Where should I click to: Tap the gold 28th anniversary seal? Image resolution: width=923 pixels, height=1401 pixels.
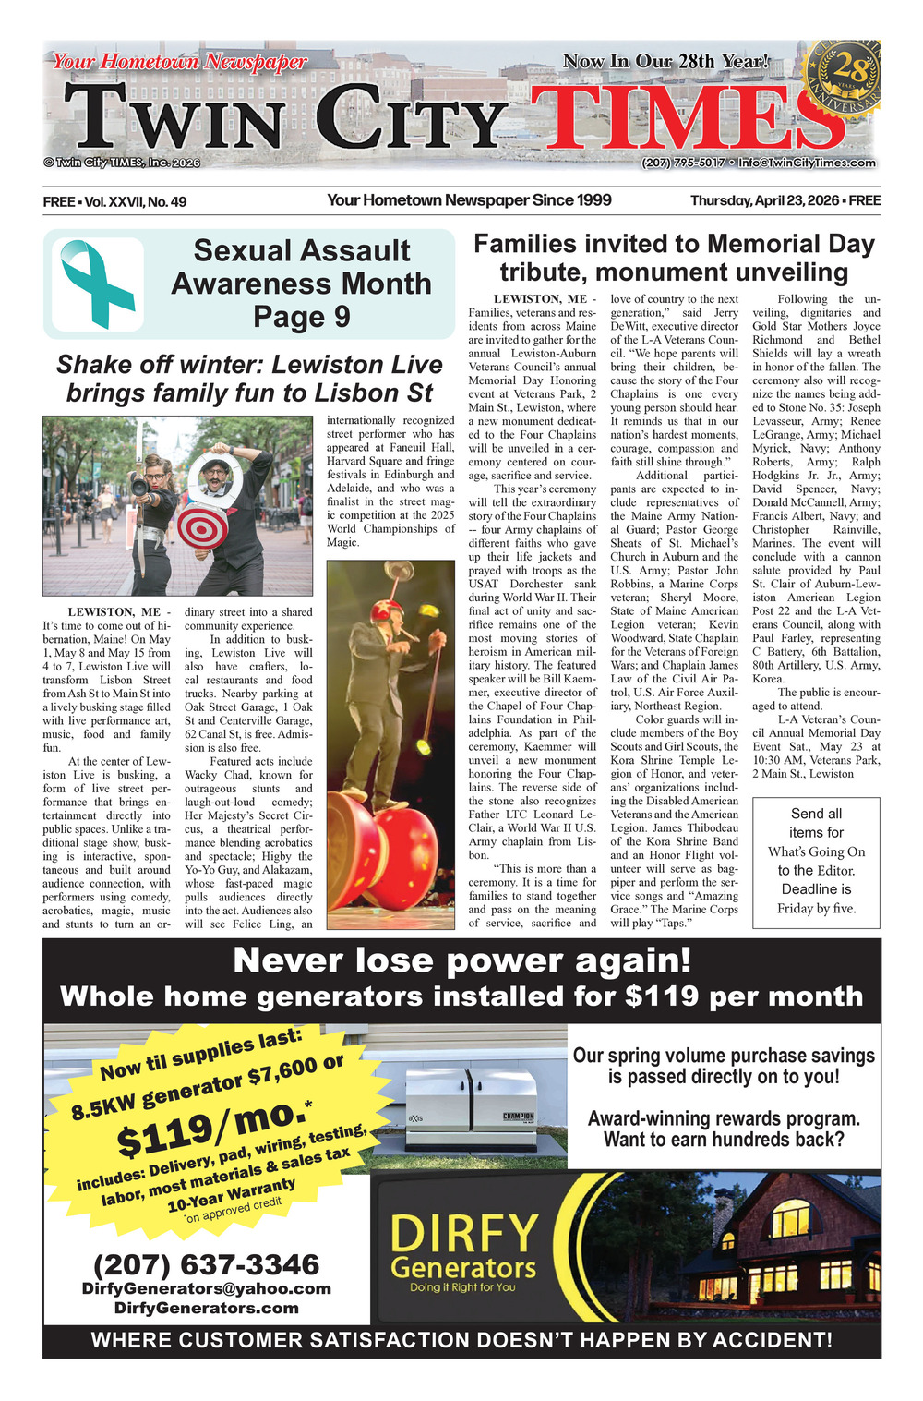tap(843, 80)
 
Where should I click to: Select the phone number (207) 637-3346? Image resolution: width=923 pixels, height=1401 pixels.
tap(206, 1264)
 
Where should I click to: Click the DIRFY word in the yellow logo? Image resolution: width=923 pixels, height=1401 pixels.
tap(464, 1233)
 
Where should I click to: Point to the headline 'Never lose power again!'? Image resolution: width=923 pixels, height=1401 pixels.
tap(461, 960)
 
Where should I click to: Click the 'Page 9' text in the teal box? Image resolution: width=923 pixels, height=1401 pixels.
tap(302, 317)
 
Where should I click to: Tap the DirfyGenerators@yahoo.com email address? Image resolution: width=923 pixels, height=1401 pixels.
tap(206, 1288)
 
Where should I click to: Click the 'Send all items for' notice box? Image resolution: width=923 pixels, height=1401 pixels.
tap(816, 861)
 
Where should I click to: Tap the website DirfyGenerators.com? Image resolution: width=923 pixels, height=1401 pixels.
tap(206, 1308)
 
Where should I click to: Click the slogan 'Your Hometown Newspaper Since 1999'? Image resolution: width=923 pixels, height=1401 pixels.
tap(469, 200)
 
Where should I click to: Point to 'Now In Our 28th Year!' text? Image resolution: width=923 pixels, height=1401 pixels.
tap(665, 62)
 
